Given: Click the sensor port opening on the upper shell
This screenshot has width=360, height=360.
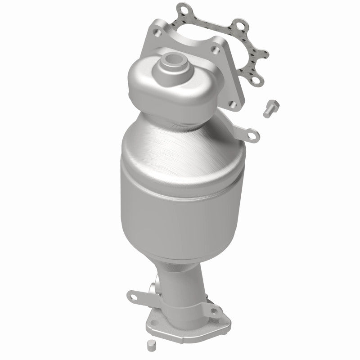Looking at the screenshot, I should pyautogui.click(x=174, y=58).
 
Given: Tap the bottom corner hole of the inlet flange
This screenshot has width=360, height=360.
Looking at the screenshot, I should pyautogui.click(x=234, y=105).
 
